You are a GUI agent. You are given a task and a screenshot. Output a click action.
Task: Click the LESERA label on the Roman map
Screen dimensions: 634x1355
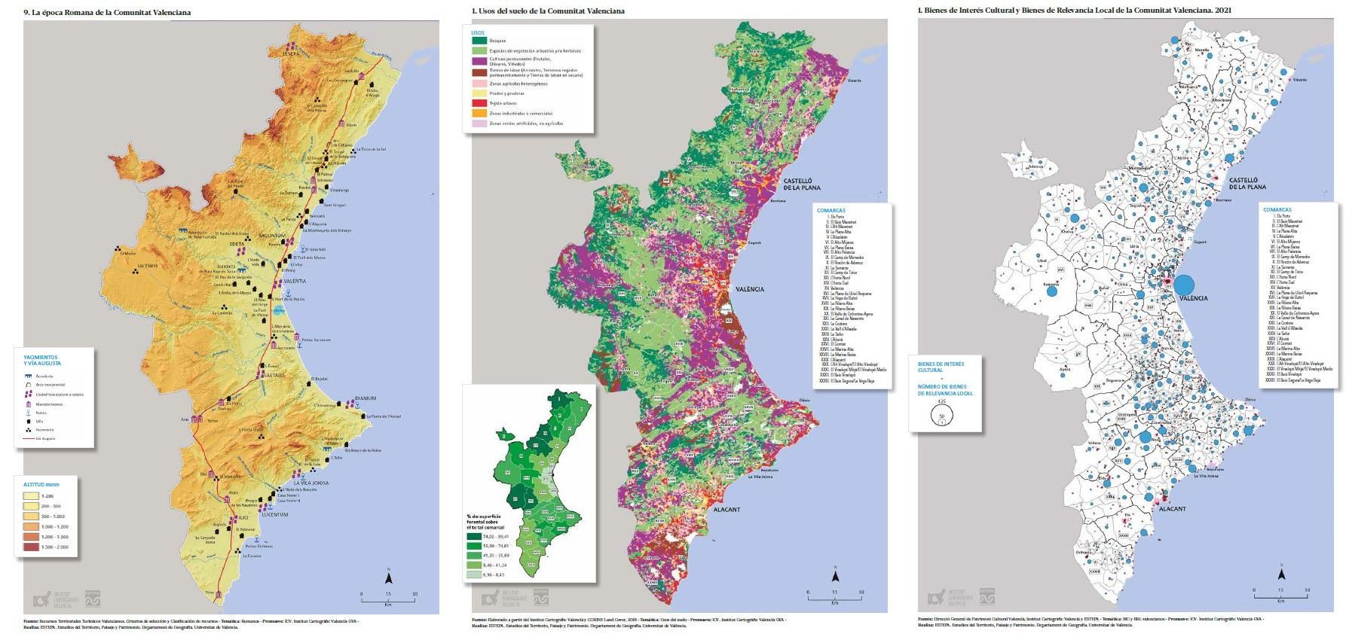pos(292,53)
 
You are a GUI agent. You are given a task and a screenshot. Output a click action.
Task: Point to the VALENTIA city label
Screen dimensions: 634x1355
pos(295,281)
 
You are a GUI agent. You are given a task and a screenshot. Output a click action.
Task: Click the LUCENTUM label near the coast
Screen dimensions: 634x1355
pos(275,515)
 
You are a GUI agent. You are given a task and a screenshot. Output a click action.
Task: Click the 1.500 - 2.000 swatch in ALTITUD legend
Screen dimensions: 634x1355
pos(31,547)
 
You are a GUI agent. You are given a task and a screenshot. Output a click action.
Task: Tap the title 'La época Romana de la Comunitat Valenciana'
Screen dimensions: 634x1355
pos(107,12)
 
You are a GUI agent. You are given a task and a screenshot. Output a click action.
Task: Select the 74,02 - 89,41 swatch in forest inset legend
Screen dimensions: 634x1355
pos(474,536)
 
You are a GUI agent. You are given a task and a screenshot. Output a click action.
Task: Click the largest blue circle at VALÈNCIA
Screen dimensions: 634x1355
pos(1183,285)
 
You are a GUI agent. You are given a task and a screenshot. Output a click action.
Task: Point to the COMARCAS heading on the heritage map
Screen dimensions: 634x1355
pos(1277,210)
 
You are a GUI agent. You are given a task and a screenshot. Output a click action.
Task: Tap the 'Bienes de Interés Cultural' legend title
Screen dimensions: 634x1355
pos(940,367)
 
